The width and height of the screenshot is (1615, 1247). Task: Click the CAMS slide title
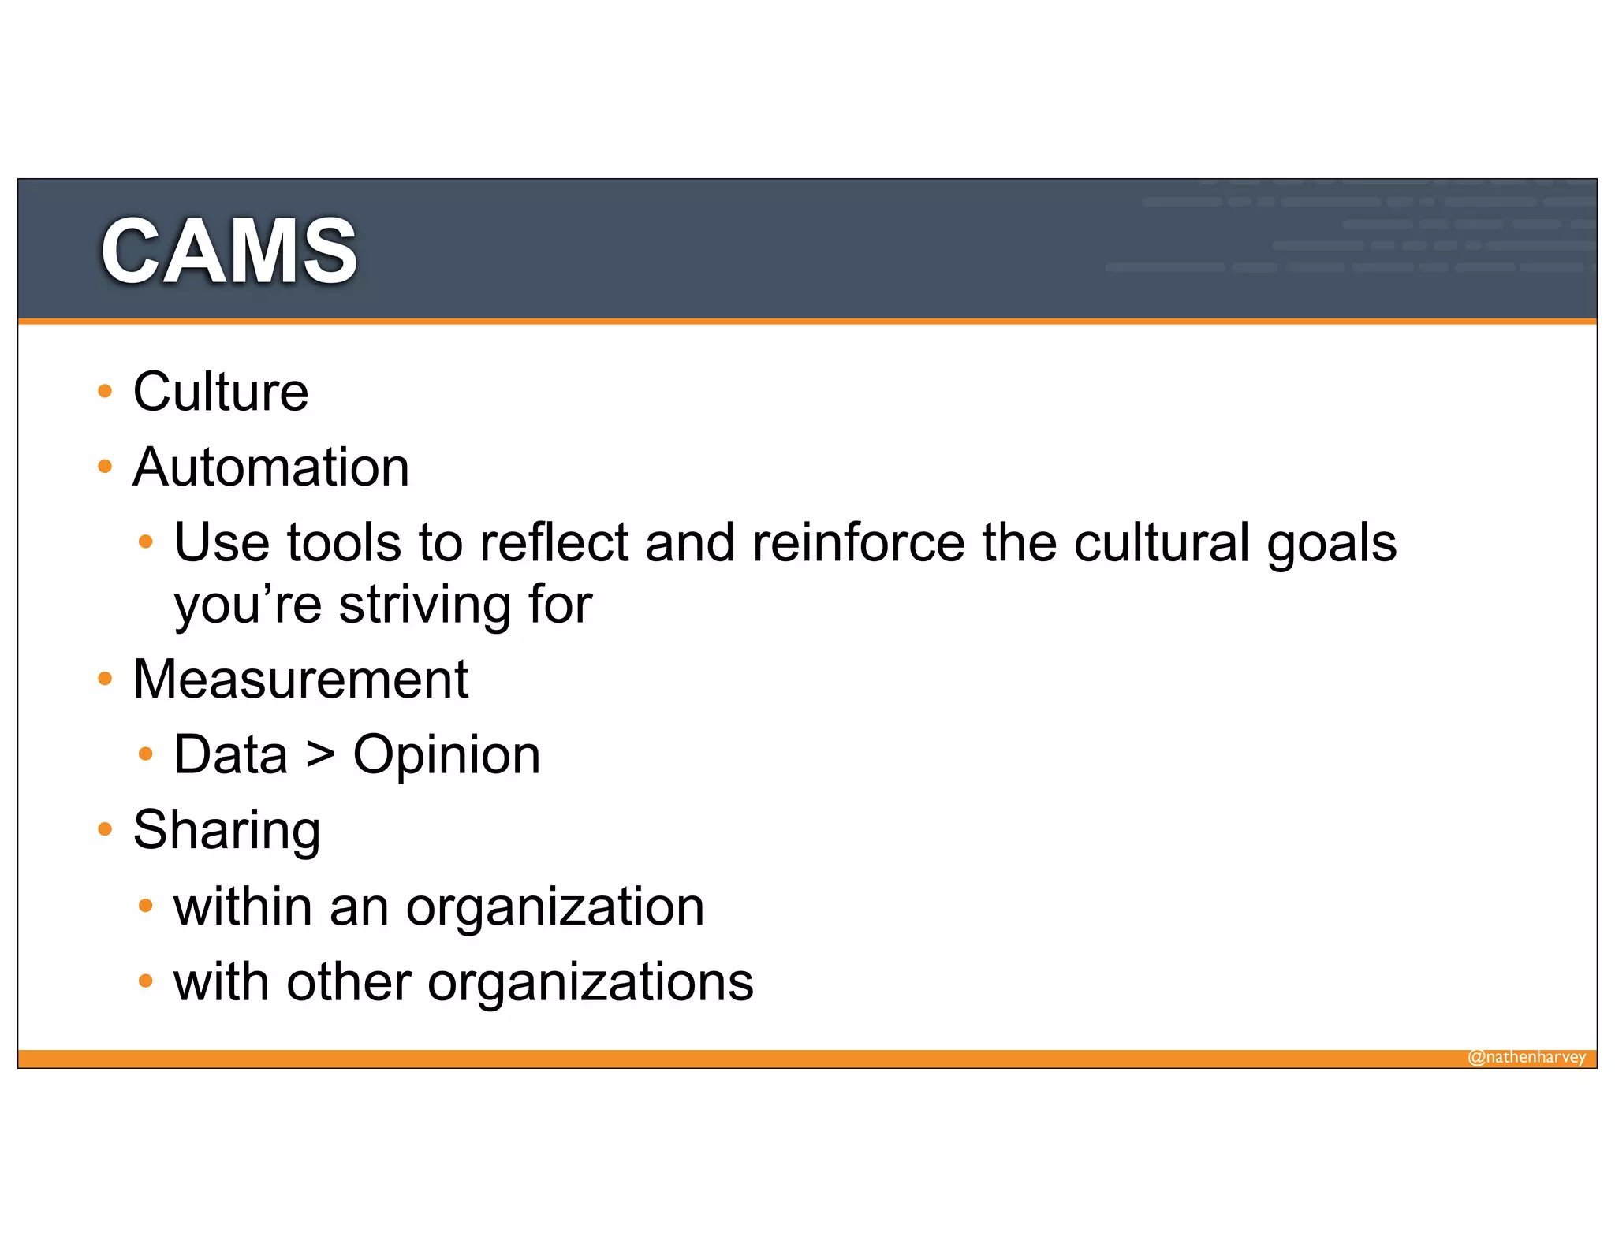pyautogui.click(x=229, y=251)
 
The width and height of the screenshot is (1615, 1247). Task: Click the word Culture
pyautogui.click(x=220, y=392)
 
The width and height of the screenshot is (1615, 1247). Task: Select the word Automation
pyautogui.click(x=270, y=467)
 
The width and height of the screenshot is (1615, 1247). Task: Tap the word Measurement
pyautogui.click(x=300, y=679)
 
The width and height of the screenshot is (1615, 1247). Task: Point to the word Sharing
pyautogui.click(x=226, y=830)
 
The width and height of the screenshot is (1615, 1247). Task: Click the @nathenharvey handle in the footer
pyautogui.click(x=1526, y=1057)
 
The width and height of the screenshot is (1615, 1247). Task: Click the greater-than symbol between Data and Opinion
pyautogui.click(x=320, y=755)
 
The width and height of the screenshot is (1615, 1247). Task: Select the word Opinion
pyautogui.click(x=446, y=755)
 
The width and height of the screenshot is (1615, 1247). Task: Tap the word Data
pyautogui.click(x=230, y=755)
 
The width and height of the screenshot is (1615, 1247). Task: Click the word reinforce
pyautogui.click(x=858, y=543)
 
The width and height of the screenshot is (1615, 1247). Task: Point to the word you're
pyautogui.click(x=248, y=605)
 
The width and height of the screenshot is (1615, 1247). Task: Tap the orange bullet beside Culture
pyautogui.click(x=105, y=392)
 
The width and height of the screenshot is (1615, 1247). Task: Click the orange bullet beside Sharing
pyautogui.click(x=105, y=829)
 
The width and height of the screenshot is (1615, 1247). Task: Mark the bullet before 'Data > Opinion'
pyautogui.click(x=145, y=754)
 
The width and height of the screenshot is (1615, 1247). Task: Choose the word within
pyautogui.click(x=242, y=906)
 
